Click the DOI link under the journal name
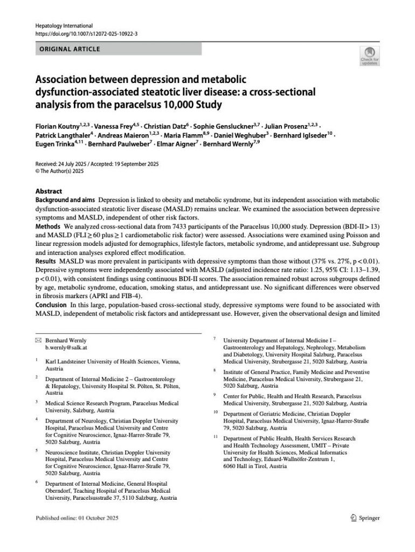(x=86, y=33)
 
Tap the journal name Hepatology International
(x=64, y=26)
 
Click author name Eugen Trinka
(x=50, y=145)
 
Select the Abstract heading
(x=49, y=191)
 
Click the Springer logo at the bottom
(x=364, y=518)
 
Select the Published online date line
(x=76, y=518)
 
